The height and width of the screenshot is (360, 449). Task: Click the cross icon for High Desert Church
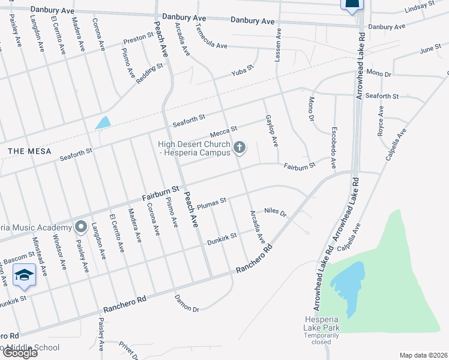tap(240, 147)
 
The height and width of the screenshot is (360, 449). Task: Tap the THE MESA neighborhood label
tap(29, 151)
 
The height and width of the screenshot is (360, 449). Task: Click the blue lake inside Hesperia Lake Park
tap(346, 281)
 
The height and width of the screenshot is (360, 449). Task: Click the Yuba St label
tap(244, 75)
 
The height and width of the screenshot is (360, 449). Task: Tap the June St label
tap(430, 49)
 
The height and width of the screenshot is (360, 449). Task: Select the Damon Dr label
tap(186, 303)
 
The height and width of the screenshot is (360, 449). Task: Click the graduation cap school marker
tap(25, 274)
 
